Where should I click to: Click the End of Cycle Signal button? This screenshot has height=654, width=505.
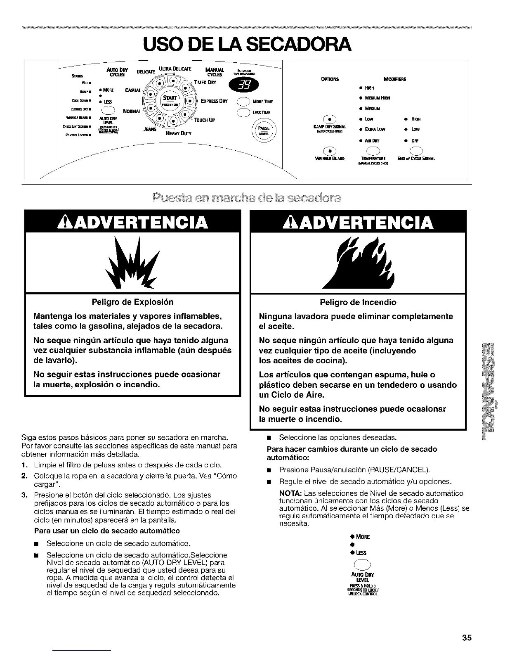click(416, 150)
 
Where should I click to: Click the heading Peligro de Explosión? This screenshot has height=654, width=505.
click(132, 302)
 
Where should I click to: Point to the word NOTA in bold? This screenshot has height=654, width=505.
click(291, 493)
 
